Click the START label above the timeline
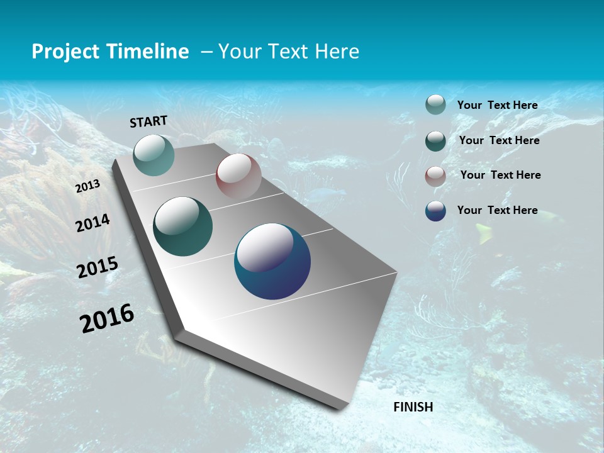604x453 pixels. [x=148, y=121]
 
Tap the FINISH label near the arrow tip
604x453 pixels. [x=413, y=407]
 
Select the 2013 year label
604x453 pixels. [x=88, y=186]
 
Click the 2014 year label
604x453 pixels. [x=92, y=223]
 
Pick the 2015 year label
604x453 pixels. [x=98, y=267]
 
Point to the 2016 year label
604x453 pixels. [x=107, y=318]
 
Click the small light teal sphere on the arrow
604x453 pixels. [x=154, y=155]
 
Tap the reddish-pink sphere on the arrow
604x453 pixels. [x=238, y=176]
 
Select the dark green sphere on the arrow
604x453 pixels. [x=183, y=226]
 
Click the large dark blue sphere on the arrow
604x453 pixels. [x=272, y=261]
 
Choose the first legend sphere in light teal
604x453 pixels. [x=435, y=104]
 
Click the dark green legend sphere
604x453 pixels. [x=435, y=140]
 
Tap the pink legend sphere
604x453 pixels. [x=435, y=176]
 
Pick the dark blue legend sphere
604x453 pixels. [x=435, y=211]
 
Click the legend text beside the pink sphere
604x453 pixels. [x=500, y=175]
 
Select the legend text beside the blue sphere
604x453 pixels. [x=497, y=210]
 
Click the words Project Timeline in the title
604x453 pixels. [x=110, y=52]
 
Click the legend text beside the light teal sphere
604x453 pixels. [x=497, y=105]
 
